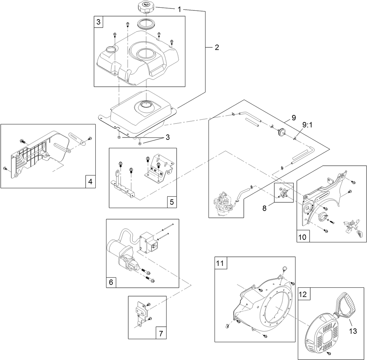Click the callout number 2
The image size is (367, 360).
tap(217, 47)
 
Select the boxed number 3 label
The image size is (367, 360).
tap(98, 22)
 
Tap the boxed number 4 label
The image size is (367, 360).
tap(90, 182)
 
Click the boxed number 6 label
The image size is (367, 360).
tap(111, 282)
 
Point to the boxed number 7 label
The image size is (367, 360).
tap(161, 333)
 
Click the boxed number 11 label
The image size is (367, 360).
tap(220, 263)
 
